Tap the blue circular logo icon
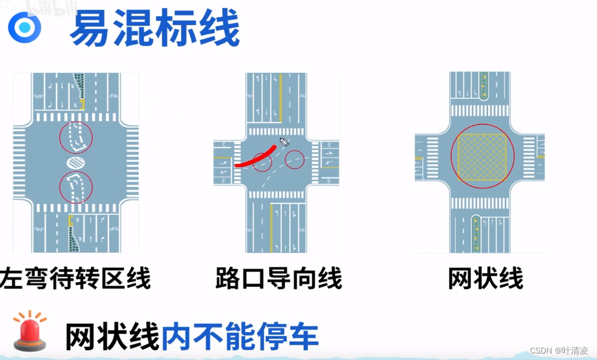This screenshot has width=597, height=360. point(24,27)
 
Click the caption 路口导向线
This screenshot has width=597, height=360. point(279,278)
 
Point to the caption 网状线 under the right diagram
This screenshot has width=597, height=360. point(485,278)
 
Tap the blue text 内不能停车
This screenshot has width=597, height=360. point(239,336)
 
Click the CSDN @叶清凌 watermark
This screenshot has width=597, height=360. point(559,351)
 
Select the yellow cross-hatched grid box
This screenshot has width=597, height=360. point(482,156)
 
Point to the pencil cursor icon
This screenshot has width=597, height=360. point(285,142)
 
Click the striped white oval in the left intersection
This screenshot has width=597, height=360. point(76,161)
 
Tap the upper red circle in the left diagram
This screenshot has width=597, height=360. point(76,137)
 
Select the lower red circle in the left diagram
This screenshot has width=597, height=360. point(76,187)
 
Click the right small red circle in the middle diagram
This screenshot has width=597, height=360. point(295,159)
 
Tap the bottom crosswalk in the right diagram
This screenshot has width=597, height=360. point(480,203)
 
